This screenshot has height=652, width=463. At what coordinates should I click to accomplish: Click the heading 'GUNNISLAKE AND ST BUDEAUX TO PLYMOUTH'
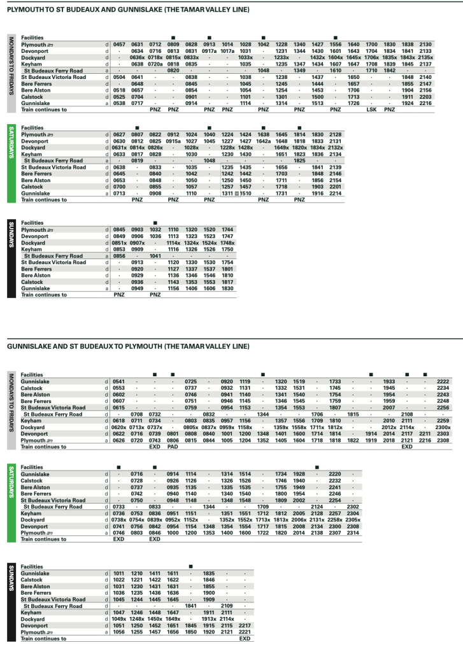tap(127, 347)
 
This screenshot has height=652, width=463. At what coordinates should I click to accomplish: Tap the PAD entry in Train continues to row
tap(173, 447)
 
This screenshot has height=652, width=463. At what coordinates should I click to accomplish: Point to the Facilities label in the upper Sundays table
tap(33, 222)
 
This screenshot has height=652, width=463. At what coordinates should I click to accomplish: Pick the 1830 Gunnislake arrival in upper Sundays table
tap(227, 289)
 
